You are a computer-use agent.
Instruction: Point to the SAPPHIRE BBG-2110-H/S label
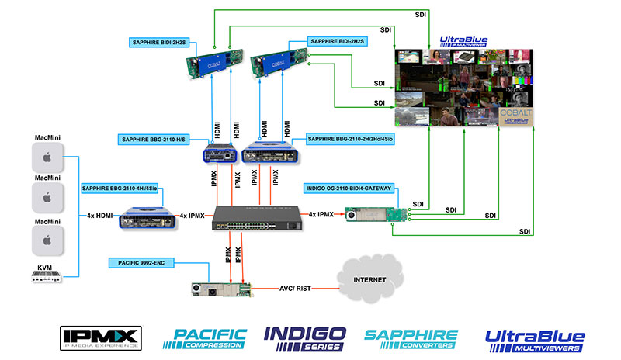click(x=158, y=139)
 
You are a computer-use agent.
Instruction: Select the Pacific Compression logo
click(x=205, y=337)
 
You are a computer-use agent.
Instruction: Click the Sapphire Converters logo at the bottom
click(x=411, y=337)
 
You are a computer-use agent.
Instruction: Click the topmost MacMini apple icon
click(x=45, y=158)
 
